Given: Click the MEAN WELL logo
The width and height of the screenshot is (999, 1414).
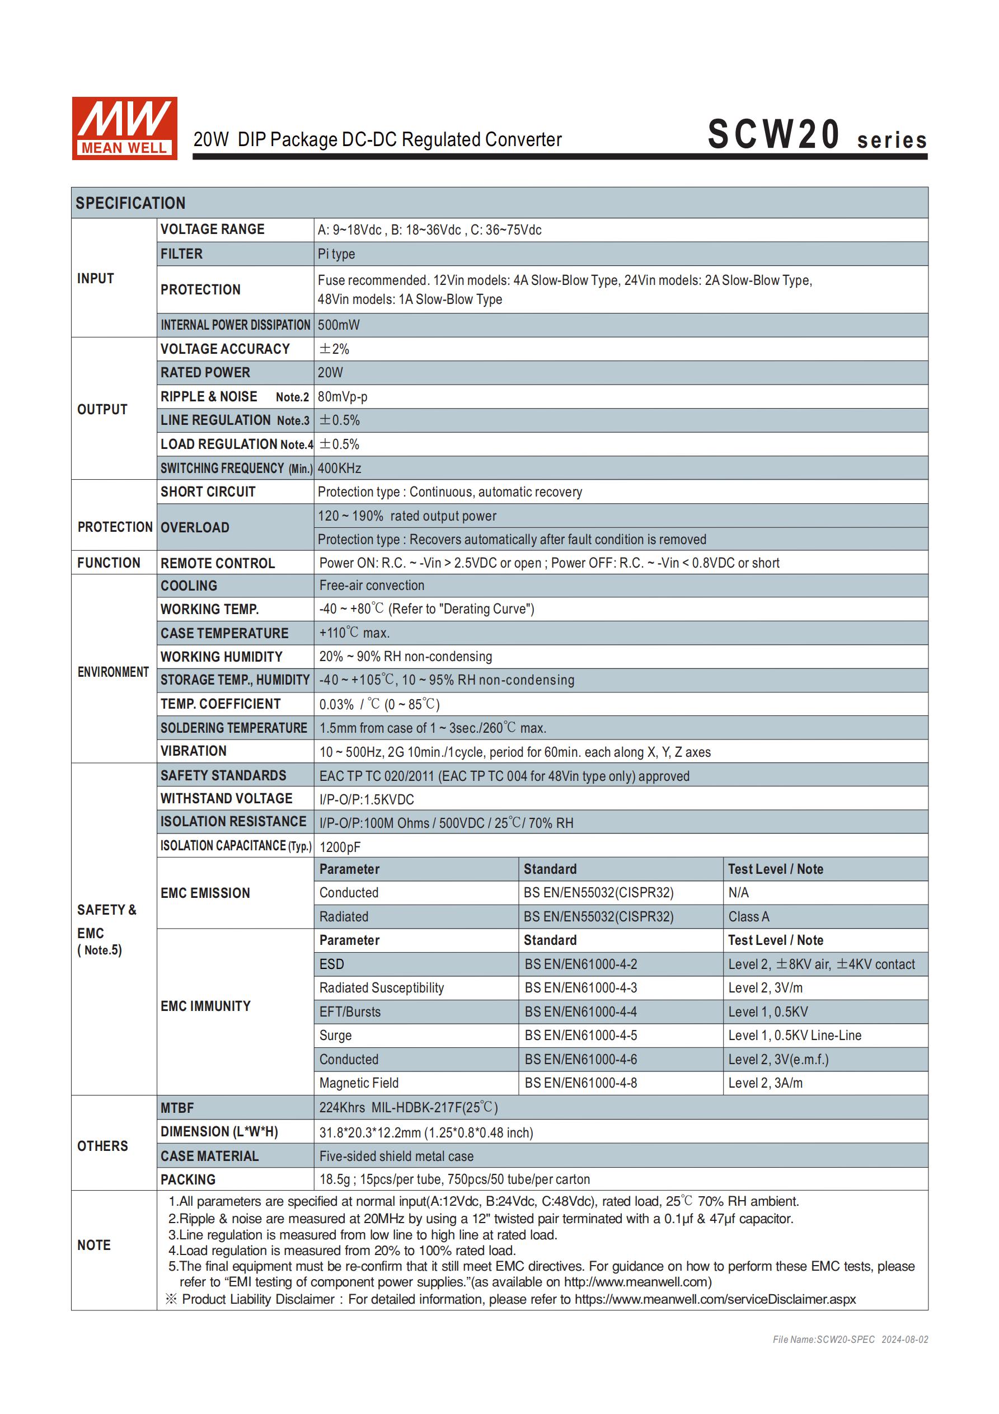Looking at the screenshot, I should (x=124, y=128).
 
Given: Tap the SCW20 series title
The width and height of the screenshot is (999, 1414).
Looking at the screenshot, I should (x=816, y=135).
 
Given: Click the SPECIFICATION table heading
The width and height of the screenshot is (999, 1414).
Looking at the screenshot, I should (x=130, y=203).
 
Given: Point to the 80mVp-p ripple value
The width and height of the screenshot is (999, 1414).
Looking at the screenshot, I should (x=343, y=397).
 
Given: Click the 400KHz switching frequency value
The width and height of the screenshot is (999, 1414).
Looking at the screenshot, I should (x=339, y=469).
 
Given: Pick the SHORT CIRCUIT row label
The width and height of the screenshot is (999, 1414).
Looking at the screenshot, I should (x=208, y=492).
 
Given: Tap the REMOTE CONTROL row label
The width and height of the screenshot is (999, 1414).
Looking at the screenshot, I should (x=217, y=564).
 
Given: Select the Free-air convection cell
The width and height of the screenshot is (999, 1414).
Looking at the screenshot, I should (x=372, y=586).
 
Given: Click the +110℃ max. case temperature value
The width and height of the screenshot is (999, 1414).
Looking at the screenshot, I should (x=354, y=633).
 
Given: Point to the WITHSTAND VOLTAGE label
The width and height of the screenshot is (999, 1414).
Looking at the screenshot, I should (x=227, y=799).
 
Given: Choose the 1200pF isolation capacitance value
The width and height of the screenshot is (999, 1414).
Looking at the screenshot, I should (x=340, y=848).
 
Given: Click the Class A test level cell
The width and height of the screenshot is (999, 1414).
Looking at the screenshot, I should (x=749, y=917).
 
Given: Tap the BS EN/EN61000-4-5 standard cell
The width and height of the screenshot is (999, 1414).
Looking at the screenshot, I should (x=581, y=1036).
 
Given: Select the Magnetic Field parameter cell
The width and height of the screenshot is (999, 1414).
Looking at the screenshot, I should (x=359, y=1083).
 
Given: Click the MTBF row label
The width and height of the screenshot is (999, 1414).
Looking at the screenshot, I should (x=177, y=1108).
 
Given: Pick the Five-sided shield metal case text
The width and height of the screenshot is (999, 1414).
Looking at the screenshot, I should (x=397, y=1157).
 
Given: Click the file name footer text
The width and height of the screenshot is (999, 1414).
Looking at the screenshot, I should (x=850, y=1340).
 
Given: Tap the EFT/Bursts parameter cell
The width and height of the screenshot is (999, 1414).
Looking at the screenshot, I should (x=350, y=1012).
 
